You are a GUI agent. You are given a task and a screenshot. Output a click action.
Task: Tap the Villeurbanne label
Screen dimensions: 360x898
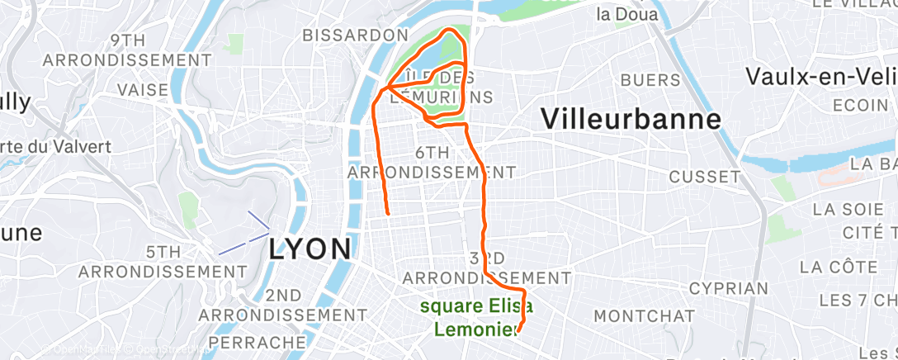tap(631, 119)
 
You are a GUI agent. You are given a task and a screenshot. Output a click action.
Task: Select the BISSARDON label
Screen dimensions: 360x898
tap(355, 36)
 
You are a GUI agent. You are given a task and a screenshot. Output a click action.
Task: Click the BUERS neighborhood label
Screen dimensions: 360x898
tap(650, 80)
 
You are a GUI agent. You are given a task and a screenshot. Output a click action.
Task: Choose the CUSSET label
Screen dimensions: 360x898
tap(705, 177)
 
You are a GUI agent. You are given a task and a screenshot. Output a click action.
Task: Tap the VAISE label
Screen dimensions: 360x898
tap(143, 89)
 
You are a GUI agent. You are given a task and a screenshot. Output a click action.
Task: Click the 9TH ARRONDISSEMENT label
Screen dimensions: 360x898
tap(127, 50)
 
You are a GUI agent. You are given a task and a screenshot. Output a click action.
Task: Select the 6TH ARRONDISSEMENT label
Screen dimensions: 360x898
tap(432, 163)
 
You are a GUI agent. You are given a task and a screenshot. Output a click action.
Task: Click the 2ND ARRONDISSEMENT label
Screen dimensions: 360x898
tap(283, 305)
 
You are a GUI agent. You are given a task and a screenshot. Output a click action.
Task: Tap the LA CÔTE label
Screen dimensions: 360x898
tap(839, 268)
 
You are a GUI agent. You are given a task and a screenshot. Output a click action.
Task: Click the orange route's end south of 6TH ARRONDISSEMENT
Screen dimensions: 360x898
tap(388, 213)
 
